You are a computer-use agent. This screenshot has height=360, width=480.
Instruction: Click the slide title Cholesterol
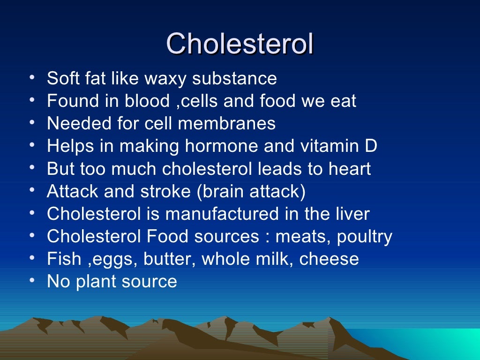click(x=240, y=45)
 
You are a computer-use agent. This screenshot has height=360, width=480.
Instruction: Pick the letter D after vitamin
click(x=371, y=146)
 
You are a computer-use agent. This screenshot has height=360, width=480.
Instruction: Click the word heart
click(x=350, y=169)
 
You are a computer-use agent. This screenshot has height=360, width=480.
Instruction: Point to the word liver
click(x=352, y=214)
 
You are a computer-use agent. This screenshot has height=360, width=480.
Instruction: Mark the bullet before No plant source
click(x=31, y=281)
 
